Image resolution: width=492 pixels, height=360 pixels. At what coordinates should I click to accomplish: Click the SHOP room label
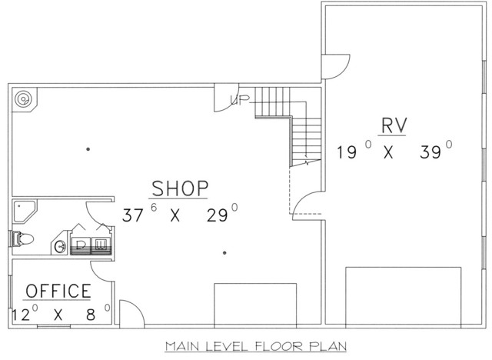[x=180, y=188]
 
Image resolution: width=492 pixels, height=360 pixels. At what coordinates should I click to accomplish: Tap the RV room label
[x=394, y=125]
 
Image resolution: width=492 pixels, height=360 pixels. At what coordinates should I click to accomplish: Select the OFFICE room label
[x=58, y=291]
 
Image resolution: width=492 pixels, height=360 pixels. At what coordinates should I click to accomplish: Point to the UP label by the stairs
[x=240, y=100]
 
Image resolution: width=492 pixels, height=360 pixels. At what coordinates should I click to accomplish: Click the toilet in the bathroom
[x=22, y=239]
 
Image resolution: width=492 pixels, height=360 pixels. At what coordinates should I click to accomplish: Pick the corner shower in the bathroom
[x=25, y=212]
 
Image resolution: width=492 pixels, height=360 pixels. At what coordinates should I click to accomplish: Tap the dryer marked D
[x=81, y=245]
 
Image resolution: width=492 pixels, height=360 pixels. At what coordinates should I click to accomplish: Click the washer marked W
[x=101, y=245]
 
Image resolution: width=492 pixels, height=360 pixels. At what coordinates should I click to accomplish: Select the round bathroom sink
[x=60, y=246]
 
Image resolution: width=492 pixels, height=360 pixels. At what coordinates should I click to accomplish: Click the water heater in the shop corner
[x=24, y=99]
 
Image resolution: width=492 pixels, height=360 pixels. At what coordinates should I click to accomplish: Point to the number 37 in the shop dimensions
[x=132, y=215]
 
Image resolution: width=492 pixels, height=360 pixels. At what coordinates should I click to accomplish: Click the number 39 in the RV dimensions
[x=430, y=152]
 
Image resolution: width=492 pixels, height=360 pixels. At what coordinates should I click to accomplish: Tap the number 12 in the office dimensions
[x=21, y=315]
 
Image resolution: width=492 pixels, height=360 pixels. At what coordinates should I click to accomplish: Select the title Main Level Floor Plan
[x=256, y=346]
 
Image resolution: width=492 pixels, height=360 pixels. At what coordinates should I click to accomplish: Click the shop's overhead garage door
[x=255, y=304]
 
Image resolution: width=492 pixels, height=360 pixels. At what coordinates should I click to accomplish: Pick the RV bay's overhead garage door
[x=403, y=295]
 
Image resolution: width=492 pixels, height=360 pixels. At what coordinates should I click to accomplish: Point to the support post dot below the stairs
[x=224, y=252]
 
